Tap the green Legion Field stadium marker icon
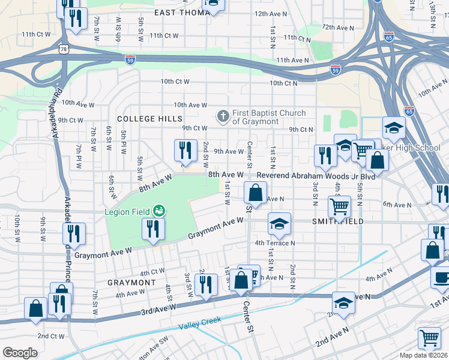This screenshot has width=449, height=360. [159, 211]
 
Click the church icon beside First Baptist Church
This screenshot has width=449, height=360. [223, 116]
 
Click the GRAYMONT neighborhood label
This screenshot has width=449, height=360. [131, 282]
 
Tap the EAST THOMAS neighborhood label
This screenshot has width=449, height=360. [178, 12]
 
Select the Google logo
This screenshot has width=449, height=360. [19, 353]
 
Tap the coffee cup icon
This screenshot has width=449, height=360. [441, 278]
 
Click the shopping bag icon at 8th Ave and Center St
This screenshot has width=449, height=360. [255, 193]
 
